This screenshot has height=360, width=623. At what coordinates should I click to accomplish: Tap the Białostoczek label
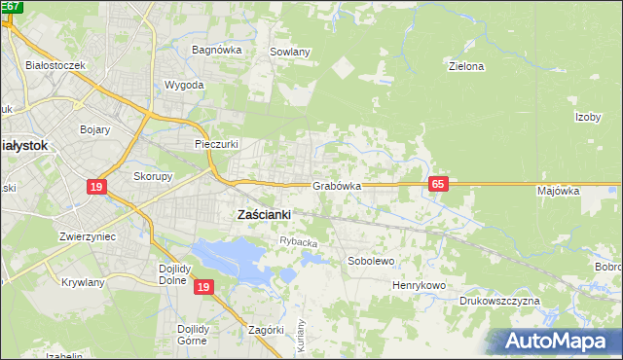(x=57, y=65)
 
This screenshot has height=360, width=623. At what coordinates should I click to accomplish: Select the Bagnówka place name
(x=216, y=50)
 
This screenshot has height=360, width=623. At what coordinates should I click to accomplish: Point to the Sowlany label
(x=289, y=52)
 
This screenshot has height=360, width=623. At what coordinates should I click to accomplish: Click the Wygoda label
(x=184, y=85)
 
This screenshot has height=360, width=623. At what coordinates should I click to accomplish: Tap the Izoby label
(x=588, y=117)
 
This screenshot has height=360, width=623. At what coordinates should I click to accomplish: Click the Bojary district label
(x=94, y=128)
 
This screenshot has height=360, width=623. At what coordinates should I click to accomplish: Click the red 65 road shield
(x=438, y=184)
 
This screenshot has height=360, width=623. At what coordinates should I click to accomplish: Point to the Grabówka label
(x=337, y=185)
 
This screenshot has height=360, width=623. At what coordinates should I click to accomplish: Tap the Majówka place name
(x=558, y=191)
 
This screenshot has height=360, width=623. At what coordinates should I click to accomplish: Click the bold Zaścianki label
(x=265, y=215)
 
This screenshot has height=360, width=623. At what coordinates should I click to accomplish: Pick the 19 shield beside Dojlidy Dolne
(x=202, y=286)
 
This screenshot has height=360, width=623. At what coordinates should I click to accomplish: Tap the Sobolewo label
(x=371, y=261)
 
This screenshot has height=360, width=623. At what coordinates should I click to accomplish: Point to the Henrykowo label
(x=419, y=285)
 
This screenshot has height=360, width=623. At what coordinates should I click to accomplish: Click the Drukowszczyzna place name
(x=499, y=301)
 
